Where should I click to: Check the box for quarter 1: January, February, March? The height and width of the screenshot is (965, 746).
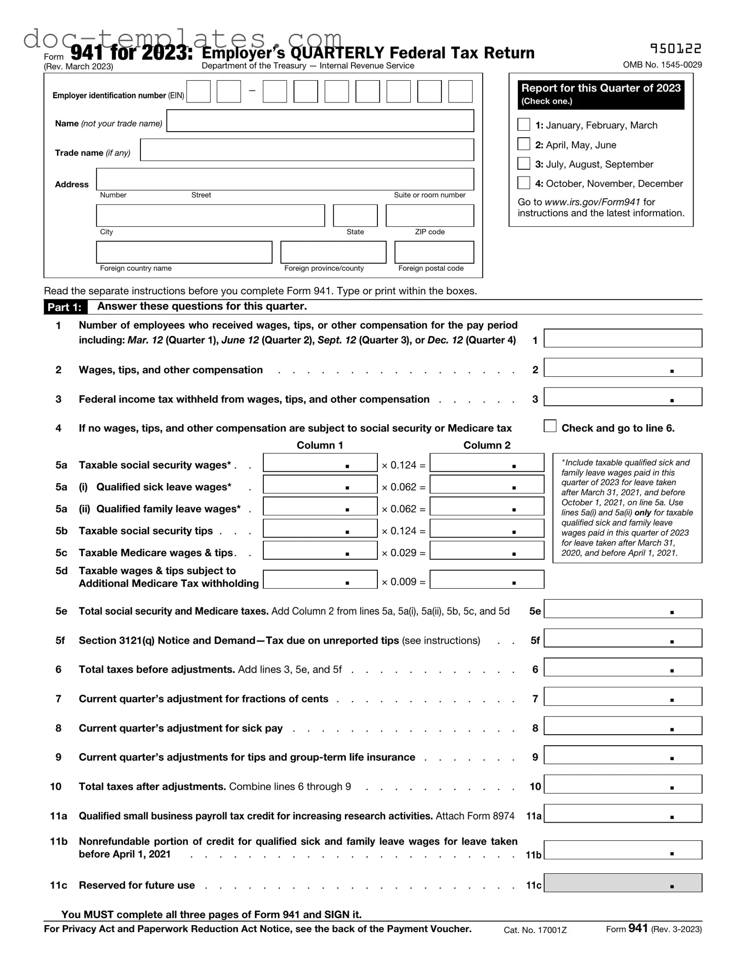click(x=523, y=125)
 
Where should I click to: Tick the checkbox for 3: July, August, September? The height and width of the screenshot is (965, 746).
click(x=523, y=164)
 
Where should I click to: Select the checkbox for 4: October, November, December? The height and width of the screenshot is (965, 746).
click(x=523, y=183)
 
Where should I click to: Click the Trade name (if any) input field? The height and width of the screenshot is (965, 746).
click(x=307, y=150)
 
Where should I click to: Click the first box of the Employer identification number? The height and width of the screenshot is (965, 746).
click(x=198, y=91)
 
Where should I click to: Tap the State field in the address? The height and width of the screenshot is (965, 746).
click(x=355, y=216)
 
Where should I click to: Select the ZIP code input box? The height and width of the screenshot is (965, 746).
click(x=430, y=216)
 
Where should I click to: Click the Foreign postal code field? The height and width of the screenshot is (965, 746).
click(x=434, y=252)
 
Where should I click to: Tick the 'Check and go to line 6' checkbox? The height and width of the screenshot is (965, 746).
click(x=550, y=426)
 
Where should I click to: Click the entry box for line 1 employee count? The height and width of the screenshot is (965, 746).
click(x=623, y=338)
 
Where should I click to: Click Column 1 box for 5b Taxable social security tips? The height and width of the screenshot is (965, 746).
click(x=320, y=528)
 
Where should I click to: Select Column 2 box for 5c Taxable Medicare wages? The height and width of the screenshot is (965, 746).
click(x=487, y=551)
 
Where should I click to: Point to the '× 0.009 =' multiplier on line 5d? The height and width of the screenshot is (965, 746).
click(x=403, y=582)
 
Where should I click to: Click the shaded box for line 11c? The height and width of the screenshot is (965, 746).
click(x=623, y=883)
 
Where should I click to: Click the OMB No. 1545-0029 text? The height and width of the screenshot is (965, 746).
click(x=662, y=65)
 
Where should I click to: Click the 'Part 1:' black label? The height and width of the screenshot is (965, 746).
click(x=64, y=307)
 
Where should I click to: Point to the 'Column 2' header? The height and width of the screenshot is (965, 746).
click(x=487, y=445)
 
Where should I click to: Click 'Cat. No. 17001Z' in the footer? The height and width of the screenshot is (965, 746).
click(x=535, y=930)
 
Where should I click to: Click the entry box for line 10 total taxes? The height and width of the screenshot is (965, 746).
click(x=623, y=784)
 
